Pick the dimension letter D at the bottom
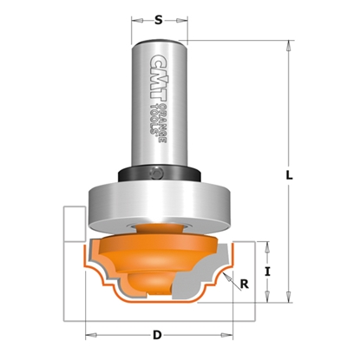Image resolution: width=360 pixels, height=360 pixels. click(157, 332)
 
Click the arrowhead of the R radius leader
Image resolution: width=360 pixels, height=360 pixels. click(224, 274)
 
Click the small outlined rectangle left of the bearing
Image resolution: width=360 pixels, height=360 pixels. click(75, 221)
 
